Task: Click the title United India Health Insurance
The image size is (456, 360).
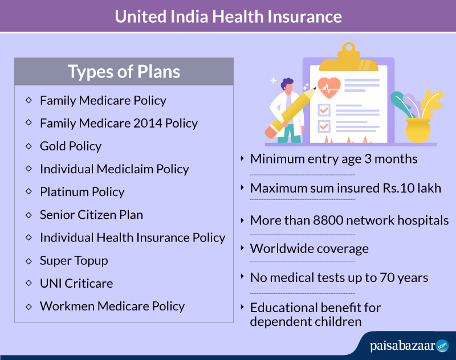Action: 229,17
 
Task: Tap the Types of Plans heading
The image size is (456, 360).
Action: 124,71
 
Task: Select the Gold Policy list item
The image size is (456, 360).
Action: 71,146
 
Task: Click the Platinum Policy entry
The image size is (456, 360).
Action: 82,192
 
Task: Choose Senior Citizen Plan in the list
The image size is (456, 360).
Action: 91,215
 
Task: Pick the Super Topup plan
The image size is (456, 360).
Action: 74,261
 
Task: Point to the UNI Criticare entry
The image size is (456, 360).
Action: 76,283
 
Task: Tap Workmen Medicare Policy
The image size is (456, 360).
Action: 112,306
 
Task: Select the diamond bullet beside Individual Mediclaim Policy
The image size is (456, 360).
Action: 28,169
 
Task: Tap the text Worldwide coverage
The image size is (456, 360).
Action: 310,249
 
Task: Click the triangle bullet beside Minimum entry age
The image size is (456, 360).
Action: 242,158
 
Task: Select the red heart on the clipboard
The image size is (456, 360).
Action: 329,88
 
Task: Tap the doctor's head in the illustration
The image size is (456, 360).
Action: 287,85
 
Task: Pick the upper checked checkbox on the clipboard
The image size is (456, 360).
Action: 324,110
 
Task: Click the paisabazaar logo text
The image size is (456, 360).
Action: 402,346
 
